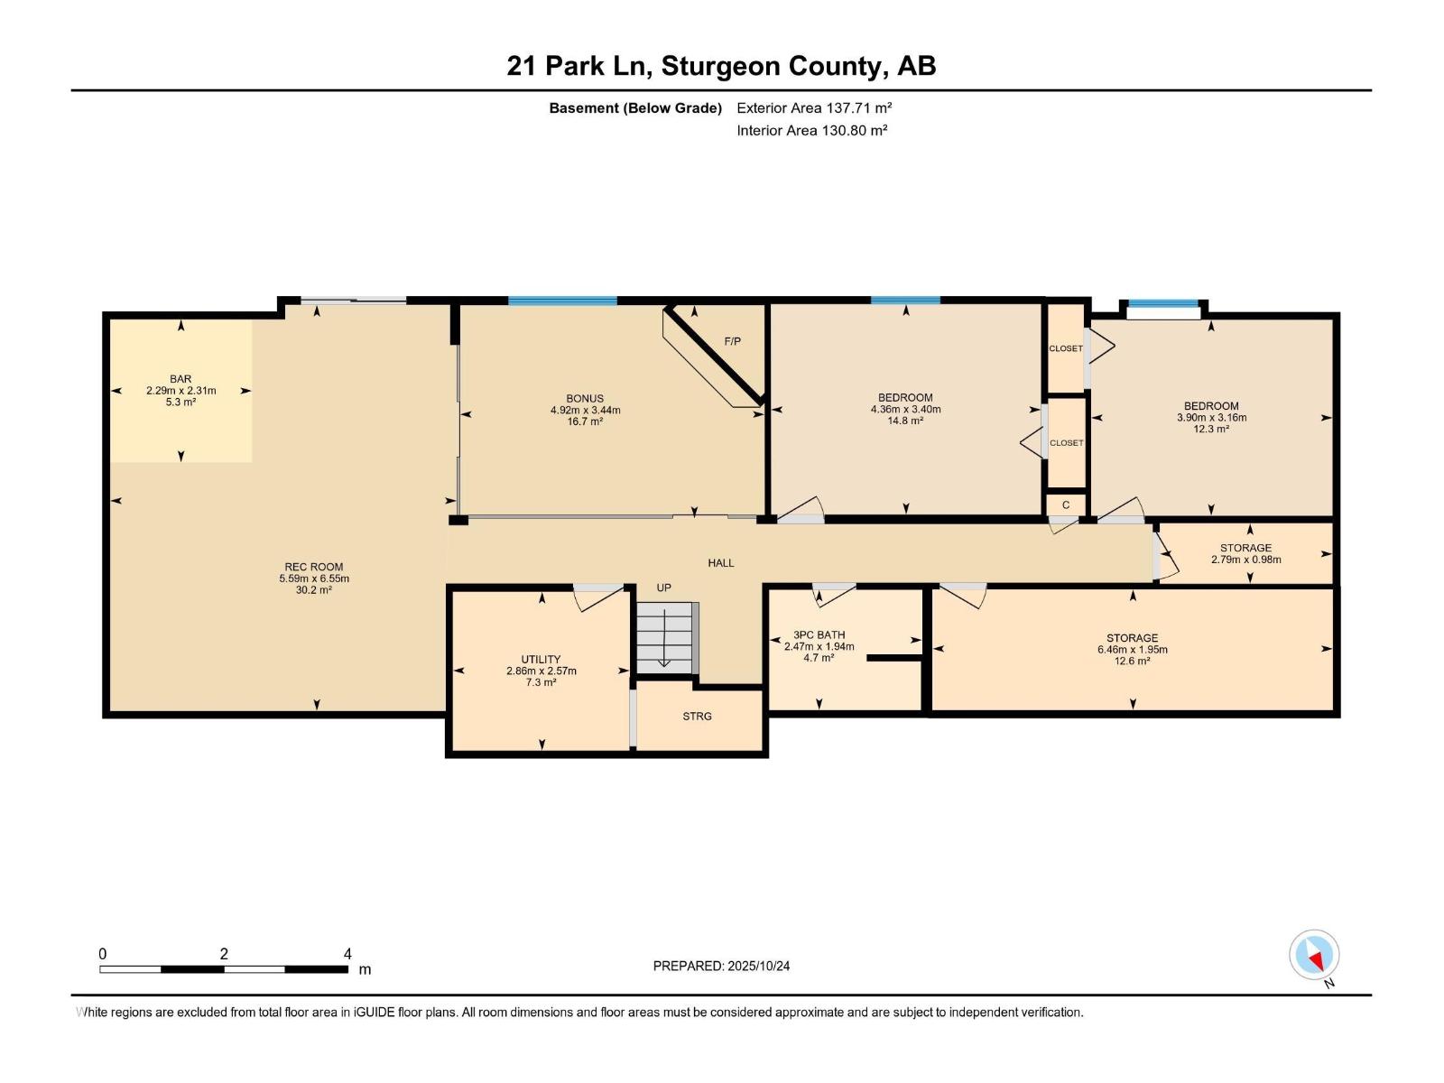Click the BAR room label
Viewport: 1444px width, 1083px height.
[x=180, y=379]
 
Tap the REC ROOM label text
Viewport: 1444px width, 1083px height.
[x=314, y=567]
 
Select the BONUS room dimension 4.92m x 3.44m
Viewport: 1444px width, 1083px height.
[x=585, y=411]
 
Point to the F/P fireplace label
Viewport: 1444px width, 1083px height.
[x=732, y=341]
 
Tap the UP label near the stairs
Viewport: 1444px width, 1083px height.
[x=663, y=588]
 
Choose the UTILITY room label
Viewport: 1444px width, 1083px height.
[x=541, y=660]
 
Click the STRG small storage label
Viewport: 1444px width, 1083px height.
[x=697, y=716]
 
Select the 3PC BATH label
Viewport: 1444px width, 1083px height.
[x=819, y=635]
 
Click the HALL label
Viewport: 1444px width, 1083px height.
[x=720, y=563]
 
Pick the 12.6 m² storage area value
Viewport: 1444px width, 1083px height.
[x=1132, y=661]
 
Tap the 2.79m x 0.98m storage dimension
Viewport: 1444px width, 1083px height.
[x=1246, y=560]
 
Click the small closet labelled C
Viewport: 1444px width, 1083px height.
[x=1066, y=505]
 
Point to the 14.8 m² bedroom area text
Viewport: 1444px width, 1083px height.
[x=905, y=421]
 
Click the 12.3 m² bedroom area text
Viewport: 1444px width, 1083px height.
[x=1211, y=430]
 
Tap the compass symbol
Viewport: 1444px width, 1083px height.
[x=1314, y=955]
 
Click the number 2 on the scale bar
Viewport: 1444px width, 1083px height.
[x=224, y=954]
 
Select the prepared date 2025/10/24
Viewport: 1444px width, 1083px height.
[x=758, y=966]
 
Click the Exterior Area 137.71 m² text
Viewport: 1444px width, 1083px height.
[x=814, y=107]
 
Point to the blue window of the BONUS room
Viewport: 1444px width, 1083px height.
[x=562, y=301]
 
